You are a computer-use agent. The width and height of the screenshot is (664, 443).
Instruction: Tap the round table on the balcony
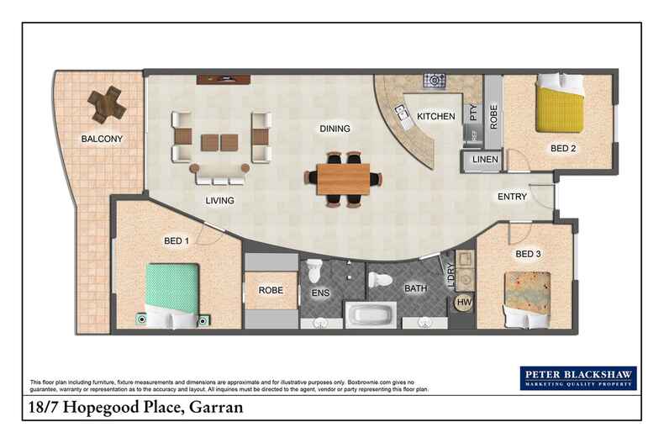(x=106, y=103)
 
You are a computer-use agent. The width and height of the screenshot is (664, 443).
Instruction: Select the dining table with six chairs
(x=343, y=177)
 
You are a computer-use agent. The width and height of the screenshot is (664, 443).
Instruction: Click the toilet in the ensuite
(x=314, y=271)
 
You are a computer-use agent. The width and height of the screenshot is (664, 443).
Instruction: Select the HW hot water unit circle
(x=464, y=303)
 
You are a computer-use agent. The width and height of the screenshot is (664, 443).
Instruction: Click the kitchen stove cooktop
(x=435, y=82)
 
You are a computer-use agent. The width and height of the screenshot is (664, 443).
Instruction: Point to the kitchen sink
(x=401, y=116)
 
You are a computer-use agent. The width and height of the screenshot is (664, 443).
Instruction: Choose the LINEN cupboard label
(x=486, y=160)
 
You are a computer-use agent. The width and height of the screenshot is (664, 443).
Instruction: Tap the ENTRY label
(x=512, y=197)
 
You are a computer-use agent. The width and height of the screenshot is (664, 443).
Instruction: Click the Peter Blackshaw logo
(x=577, y=378)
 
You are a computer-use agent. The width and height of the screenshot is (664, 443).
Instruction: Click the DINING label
(x=335, y=129)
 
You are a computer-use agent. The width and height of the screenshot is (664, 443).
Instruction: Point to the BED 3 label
(x=528, y=253)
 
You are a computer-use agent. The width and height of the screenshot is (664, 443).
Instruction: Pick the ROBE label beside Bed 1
(x=269, y=291)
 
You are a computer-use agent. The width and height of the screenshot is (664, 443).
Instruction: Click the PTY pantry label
(x=472, y=109)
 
